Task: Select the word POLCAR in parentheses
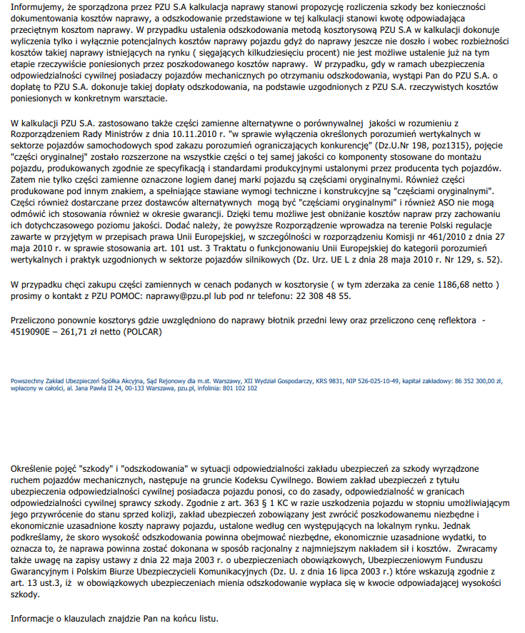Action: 145,332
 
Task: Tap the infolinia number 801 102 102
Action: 242,388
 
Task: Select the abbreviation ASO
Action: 410,203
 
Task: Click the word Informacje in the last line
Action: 35,617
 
